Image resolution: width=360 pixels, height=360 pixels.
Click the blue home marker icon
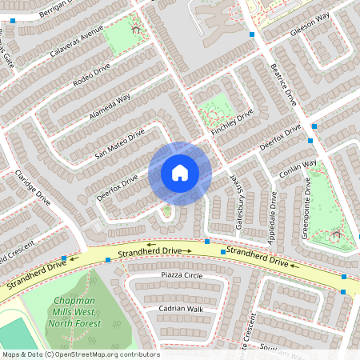pos(180,173)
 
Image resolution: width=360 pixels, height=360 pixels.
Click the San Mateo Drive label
pos(119,143)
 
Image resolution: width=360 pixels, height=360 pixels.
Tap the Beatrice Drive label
pos(283,86)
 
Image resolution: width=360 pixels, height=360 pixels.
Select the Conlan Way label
pos(298,169)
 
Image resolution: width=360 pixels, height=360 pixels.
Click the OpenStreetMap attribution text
pos(81,354)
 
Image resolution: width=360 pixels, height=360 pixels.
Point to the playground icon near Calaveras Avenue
pos(136,30)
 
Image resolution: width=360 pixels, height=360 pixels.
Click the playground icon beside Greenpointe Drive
pos(337,234)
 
